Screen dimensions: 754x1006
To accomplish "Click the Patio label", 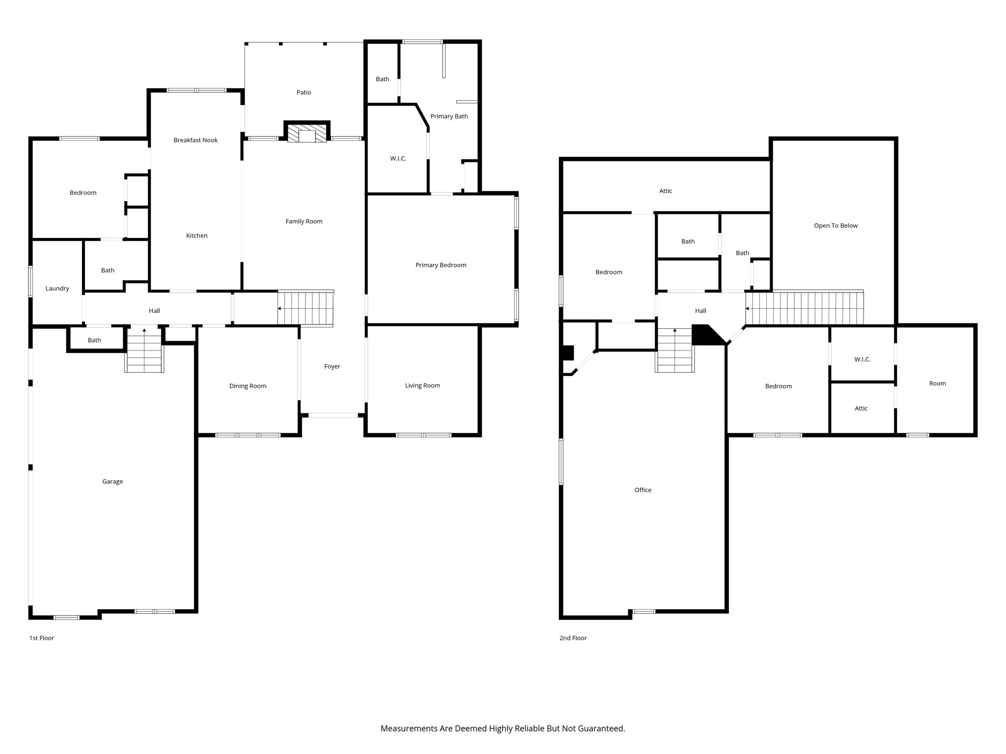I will point(304,92).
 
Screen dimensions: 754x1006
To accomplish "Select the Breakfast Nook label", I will point(196,140).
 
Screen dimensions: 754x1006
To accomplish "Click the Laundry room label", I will point(57,288).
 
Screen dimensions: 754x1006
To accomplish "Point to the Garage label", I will point(112,481).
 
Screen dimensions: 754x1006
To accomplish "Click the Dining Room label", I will point(248,386).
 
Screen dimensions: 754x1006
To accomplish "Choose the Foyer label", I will point(332,366).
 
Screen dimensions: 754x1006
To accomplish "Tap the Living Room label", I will point(422,385).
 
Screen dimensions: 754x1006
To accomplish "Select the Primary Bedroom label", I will point(441,265).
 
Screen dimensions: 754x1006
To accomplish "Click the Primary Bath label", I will point(449,116).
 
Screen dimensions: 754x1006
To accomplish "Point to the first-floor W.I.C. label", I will point(398,159).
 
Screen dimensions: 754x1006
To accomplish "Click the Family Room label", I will point(304,221).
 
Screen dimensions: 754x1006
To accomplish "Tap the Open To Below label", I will point(836,226).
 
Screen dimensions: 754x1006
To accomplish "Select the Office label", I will point(643,490).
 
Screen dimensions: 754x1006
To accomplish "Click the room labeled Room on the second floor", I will point(937,383).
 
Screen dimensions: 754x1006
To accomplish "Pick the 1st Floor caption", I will point(42,638).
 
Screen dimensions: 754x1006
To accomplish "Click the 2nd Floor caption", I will point(573,638).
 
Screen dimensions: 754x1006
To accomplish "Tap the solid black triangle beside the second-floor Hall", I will point(703,336).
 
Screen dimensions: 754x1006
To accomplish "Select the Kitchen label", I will point(196,236).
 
